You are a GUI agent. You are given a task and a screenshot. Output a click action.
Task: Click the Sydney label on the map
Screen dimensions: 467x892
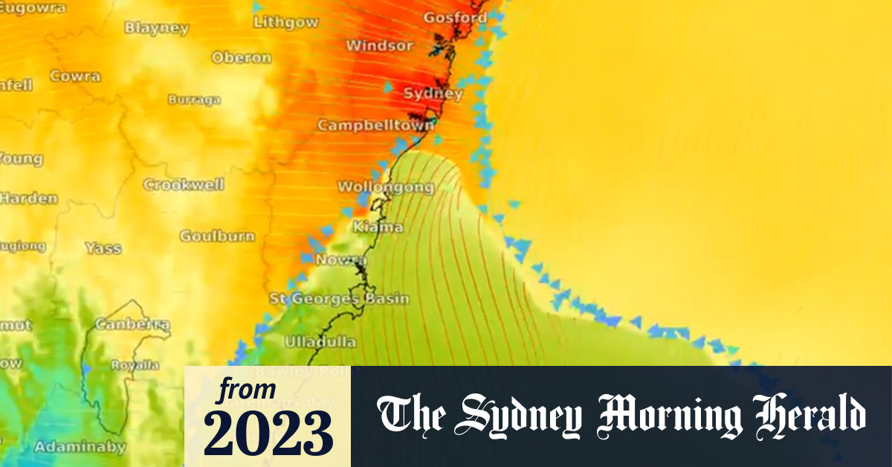433,94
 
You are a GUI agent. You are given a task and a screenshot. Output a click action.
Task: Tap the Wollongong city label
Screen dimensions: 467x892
386,187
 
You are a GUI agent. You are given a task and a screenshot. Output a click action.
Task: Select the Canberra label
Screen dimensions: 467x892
133,325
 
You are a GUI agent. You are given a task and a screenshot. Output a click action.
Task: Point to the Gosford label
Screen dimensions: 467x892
456,17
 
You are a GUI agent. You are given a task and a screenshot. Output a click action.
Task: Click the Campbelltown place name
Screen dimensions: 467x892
375,126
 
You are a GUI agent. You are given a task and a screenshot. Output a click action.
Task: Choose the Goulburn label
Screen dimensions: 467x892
217,236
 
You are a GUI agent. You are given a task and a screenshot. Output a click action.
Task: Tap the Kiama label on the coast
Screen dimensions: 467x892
378,227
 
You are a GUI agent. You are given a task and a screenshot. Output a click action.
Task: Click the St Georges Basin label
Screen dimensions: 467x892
339,299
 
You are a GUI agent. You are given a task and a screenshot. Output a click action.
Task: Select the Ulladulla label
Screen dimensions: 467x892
320,342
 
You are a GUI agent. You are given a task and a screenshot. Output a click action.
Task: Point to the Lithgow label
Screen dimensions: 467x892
285,22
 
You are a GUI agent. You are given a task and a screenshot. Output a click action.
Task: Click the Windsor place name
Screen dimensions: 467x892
379,46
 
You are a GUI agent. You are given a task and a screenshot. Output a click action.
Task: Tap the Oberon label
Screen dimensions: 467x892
241,57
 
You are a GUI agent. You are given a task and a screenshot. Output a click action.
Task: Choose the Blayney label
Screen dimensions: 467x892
156,28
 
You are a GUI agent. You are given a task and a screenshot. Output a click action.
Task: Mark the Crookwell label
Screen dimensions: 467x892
184,185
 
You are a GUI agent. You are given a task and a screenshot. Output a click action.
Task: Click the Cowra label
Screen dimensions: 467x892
75,77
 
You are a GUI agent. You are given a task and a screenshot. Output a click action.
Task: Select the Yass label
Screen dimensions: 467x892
103,248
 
